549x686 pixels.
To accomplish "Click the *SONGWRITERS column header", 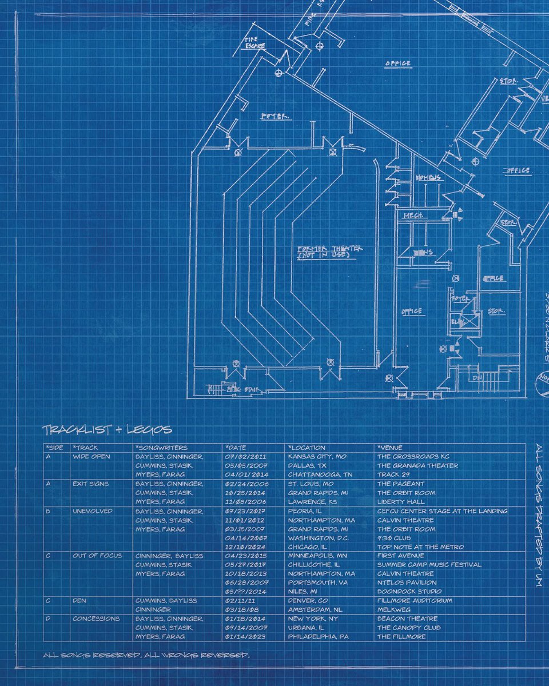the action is (x=161, y=448).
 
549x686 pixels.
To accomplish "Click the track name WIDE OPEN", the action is (x=91, y=457).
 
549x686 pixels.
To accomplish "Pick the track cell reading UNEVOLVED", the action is (x=92, y=511).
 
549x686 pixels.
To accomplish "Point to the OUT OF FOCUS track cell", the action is (x=97, y=556).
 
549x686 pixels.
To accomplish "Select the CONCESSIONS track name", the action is (x=96, y=619).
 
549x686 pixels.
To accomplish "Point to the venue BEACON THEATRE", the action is (x=407, y=619).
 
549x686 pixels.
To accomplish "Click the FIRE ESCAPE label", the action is (x=251, y=42).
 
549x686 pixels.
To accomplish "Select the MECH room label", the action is (x=412, y=216).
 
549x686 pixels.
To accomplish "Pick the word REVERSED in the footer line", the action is (x=225, y=654).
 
